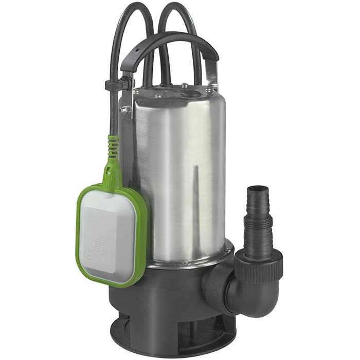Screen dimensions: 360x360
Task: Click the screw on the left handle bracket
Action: [123, 109]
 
